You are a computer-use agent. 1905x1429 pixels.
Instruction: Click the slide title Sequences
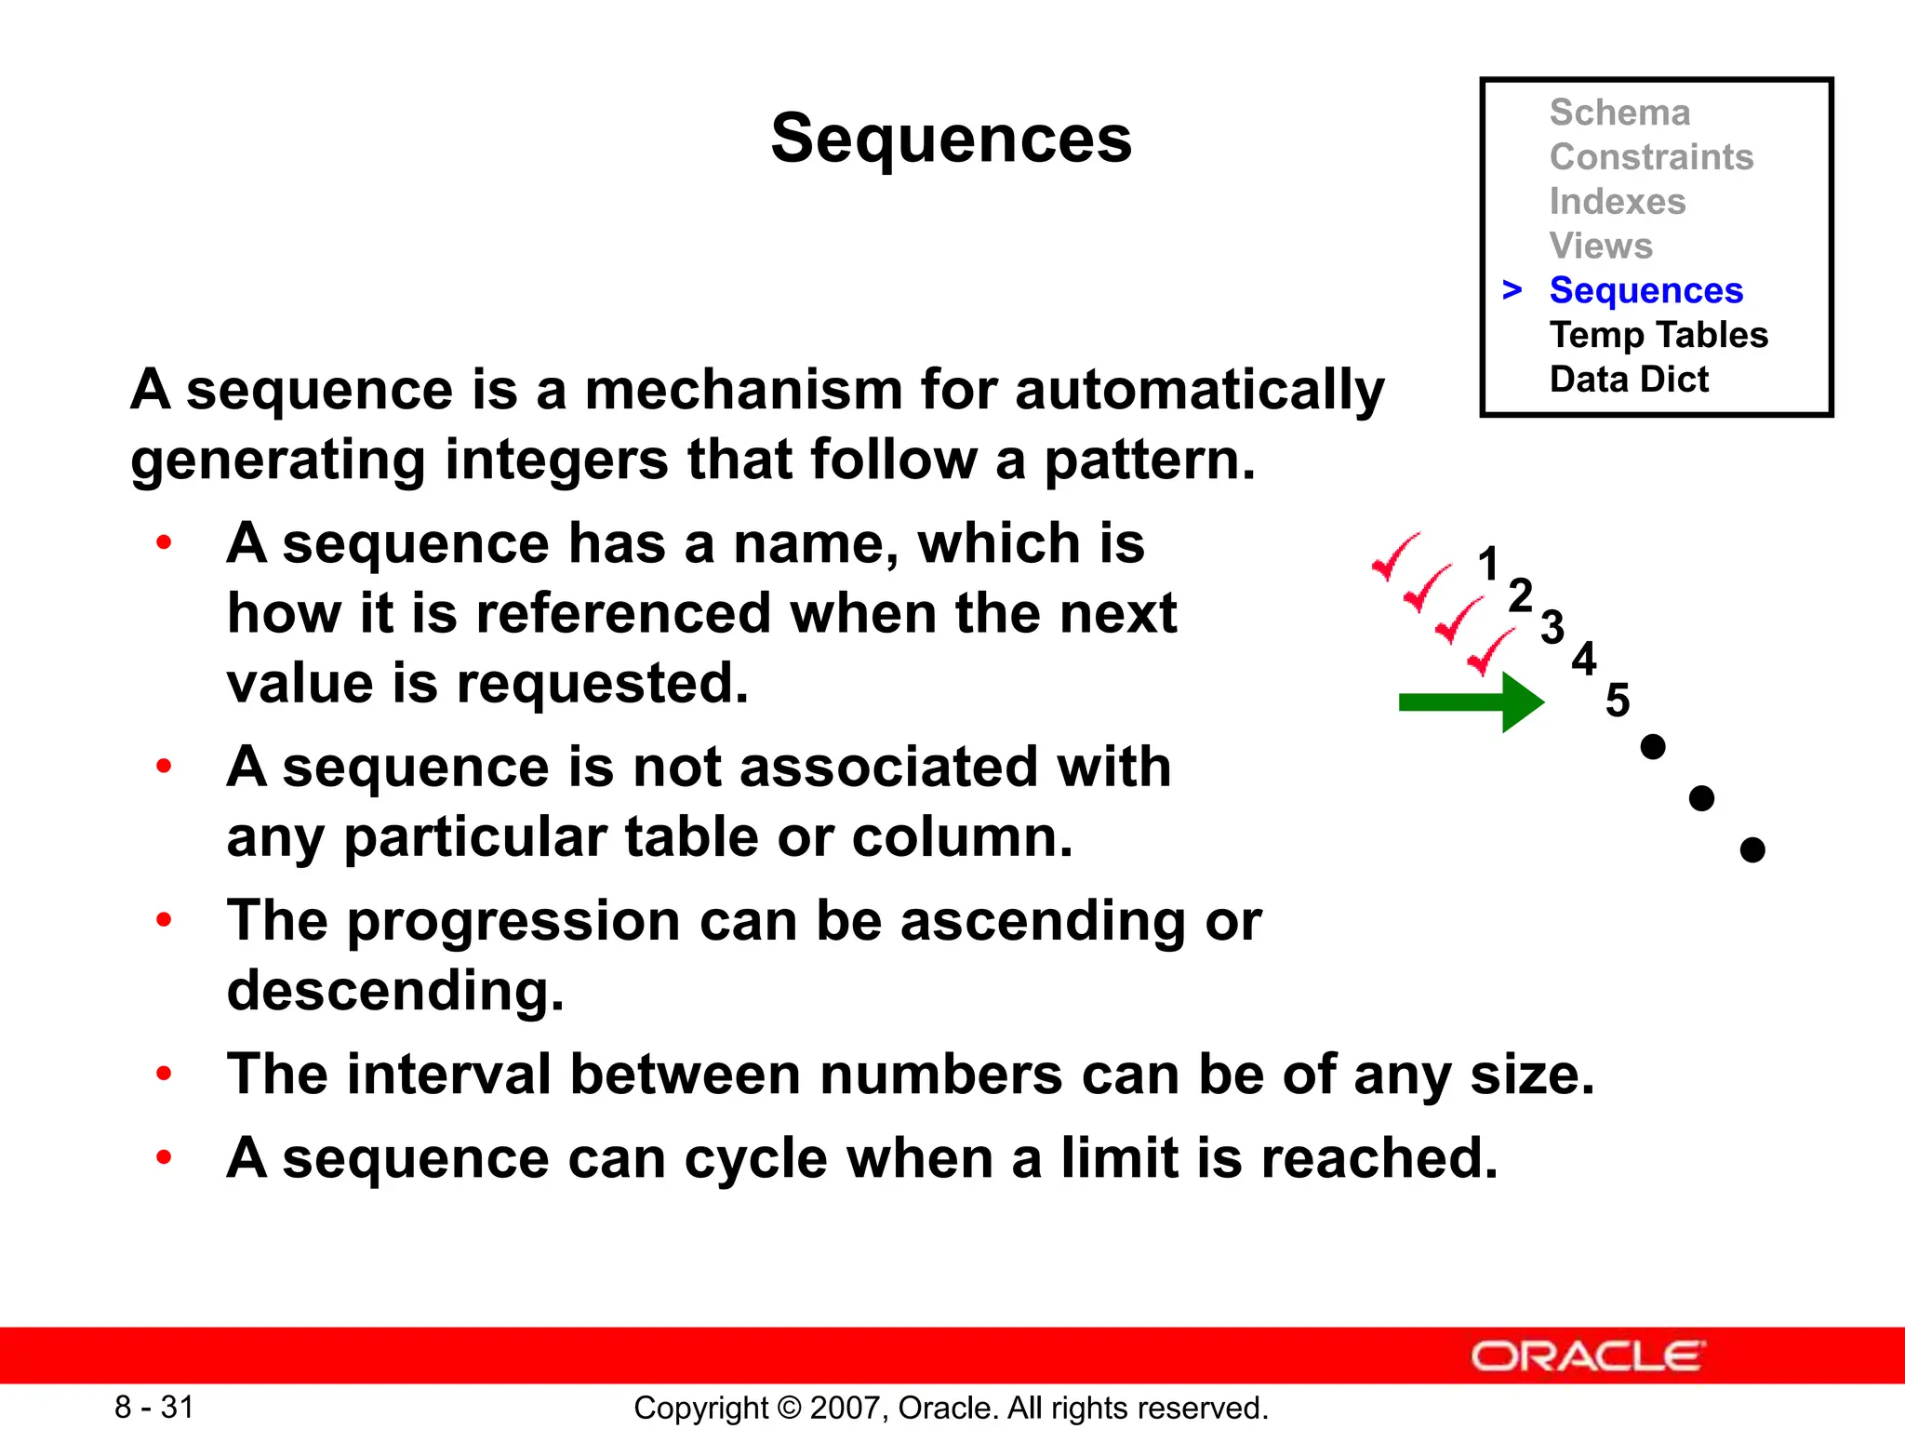pyautogui.click(x=951, y=139)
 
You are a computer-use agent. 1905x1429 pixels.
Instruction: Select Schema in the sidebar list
pyautogui.click(x=1619, y=113)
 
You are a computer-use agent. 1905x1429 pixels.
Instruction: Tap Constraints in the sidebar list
pyautogui.click(x=1651, y=157)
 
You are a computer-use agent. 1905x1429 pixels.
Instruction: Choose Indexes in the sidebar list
pyautogui.click(x=1617, y=202)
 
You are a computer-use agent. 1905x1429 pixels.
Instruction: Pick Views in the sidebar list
pyautogui.click(x=1601, y=247)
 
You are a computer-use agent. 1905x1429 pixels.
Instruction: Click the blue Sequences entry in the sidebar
pyautogui.click(x=1645, y=290)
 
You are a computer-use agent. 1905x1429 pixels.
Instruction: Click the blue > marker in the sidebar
pyautogui.click(x=1512, y=290)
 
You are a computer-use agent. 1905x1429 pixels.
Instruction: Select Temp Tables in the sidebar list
pyautogui.click(x=1659, y=335)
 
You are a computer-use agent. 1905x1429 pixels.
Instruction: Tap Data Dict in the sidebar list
pyautogui.click(x=1629, y=380)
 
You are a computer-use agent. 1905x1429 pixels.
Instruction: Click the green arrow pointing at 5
pyautogui.click(x=1471, y=702)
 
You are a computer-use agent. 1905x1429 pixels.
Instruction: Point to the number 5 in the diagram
pyautogui.click(x=1618, y=700)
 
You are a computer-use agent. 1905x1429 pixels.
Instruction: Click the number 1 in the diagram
pyautogui.click(x=1488, y=565)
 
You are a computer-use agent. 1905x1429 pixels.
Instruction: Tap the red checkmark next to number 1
pyautogui.click(x=1395, y=556)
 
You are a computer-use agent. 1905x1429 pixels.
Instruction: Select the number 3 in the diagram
pyautogui.click(x=1552, y=627)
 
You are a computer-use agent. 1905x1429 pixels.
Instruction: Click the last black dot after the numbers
pyautogui.click(x=1752, y=849)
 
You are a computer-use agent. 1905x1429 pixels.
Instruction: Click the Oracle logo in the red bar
pyautogui.click(x=1588, y=1356)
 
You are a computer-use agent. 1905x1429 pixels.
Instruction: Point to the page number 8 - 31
pyautogui.click(x=154, y=1407)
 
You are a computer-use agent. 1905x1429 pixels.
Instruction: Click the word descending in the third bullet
pyautogui.click(x=395, y=990)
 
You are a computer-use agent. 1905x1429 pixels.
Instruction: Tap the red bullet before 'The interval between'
pyautogui.click(x=165, y=1075)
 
